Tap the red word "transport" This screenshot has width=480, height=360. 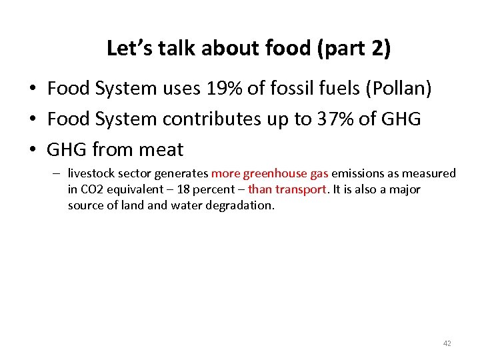[x=301, y=189]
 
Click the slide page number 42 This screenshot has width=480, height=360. [x=447, y=343]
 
